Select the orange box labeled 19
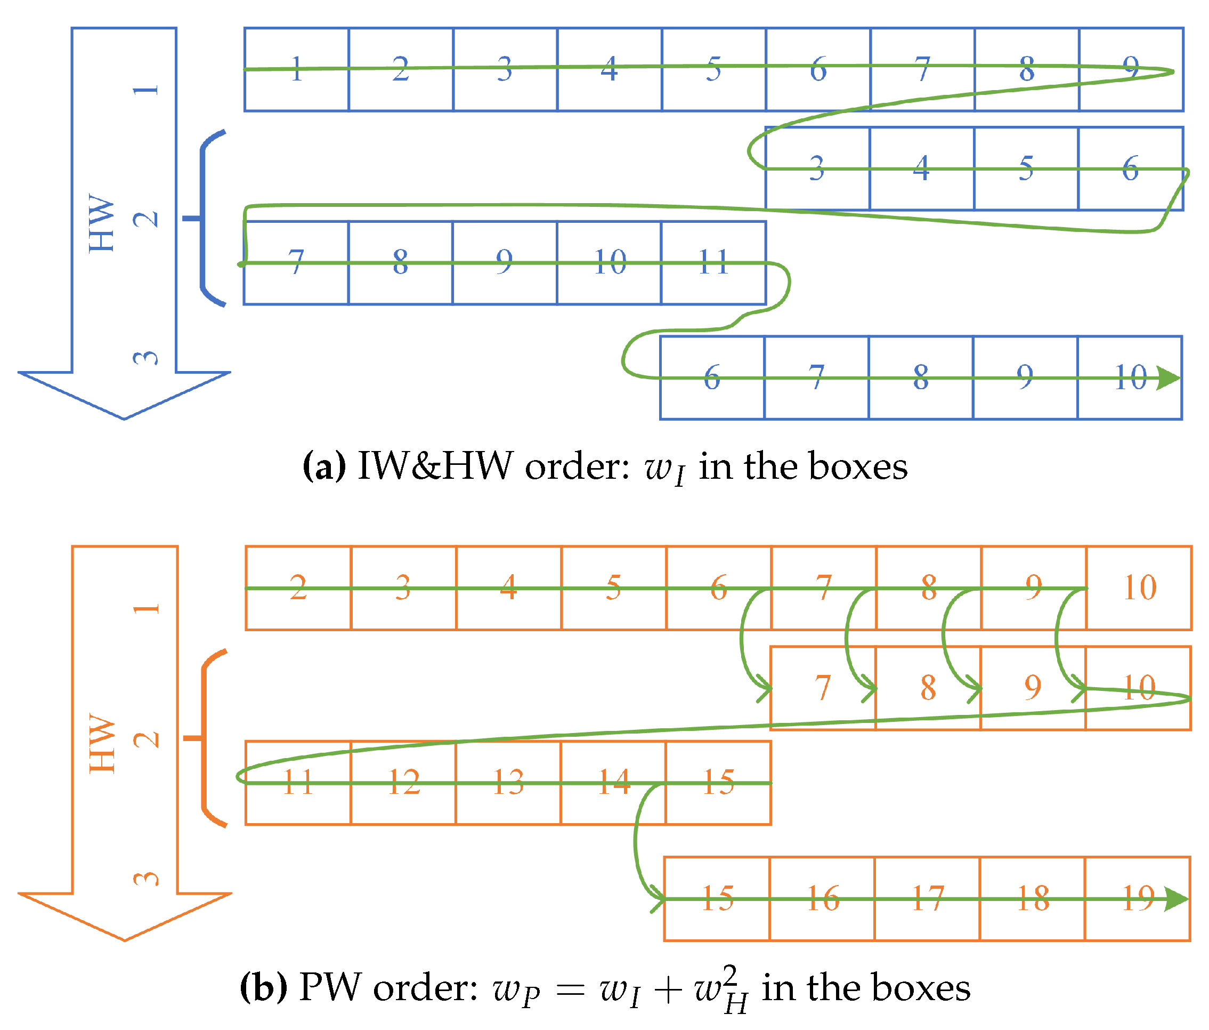coord(1137,899)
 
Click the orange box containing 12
coord(403,783)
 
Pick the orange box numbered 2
coord(298,588)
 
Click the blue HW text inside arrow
coord(102,223)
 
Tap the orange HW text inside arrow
coord(102,743)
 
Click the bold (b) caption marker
coord(263,988)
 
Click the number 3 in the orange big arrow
coord(146,879)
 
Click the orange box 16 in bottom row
coord(822,899)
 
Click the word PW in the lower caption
coord(330,988)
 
